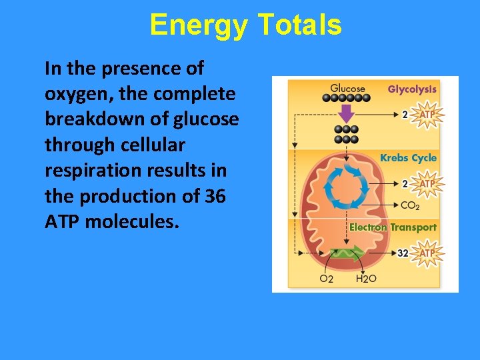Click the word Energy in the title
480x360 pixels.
pos(199,25)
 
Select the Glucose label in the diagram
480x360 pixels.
pos(347,88)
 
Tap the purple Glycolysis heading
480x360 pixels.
pos(412,89)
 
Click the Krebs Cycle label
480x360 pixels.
pos(408,158)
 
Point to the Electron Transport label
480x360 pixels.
pos(393,227)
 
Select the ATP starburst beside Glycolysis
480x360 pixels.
pos(427,115)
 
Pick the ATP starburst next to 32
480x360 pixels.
pos(427,253)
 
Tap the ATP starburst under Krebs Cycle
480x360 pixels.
pos(427,183)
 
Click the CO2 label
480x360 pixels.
pos(410,205)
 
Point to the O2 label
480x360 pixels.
pos(326,279)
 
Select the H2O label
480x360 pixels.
pos(366,279)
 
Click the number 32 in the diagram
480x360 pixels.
pos(403,253)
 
